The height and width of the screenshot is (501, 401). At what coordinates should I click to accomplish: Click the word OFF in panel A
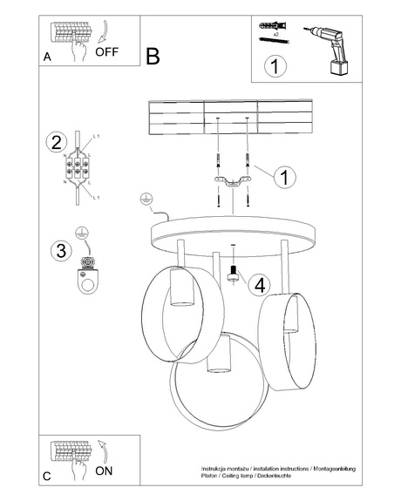106,51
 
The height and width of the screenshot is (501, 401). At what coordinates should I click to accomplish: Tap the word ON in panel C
104,471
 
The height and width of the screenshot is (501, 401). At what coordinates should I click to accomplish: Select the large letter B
153,57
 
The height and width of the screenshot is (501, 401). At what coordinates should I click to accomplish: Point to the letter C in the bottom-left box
47,476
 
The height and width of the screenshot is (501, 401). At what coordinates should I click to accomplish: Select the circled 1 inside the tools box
276,67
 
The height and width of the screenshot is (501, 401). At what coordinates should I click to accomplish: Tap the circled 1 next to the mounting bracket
282,177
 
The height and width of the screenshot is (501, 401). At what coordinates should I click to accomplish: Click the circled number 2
57,143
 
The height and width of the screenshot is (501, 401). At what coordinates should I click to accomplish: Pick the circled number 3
60,252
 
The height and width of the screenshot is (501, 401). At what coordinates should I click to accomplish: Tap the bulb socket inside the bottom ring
215,359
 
